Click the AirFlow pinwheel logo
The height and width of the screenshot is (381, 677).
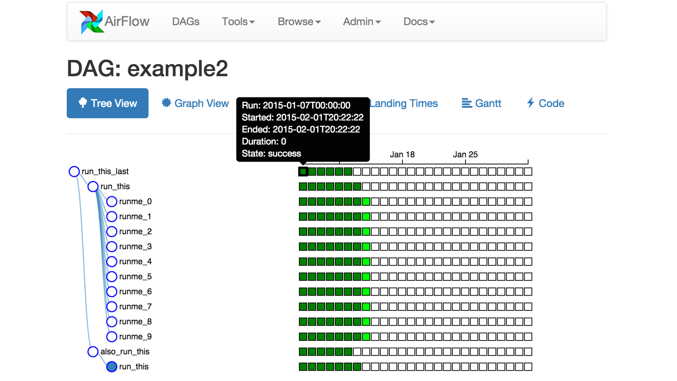(92, 22)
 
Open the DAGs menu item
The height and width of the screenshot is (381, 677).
(186, 22)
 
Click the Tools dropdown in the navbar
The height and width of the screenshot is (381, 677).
(238, 22)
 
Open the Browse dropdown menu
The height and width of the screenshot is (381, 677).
(299, 22)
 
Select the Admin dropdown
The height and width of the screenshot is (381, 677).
(362, 22)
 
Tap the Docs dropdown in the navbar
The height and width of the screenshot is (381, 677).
(419, 22)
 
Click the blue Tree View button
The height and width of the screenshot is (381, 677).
(108, 103)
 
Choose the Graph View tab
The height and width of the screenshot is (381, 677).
(195, 103)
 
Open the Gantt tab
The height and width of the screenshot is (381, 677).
(481, 103)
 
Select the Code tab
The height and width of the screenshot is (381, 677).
(545, 103)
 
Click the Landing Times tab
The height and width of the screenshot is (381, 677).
(404, 103)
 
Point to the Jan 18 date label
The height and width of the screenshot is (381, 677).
(402, 155)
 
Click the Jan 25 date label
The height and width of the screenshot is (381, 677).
(465, 155)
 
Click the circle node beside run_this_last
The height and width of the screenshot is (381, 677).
(74, 171)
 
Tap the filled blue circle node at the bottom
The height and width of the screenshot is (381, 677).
(112, 367)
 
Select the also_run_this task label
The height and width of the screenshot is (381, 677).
(125, 352)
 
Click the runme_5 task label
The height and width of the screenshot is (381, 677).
(135, 277)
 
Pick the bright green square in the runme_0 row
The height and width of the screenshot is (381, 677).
(366, 202)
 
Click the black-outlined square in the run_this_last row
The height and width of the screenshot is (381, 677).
(303, 171)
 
